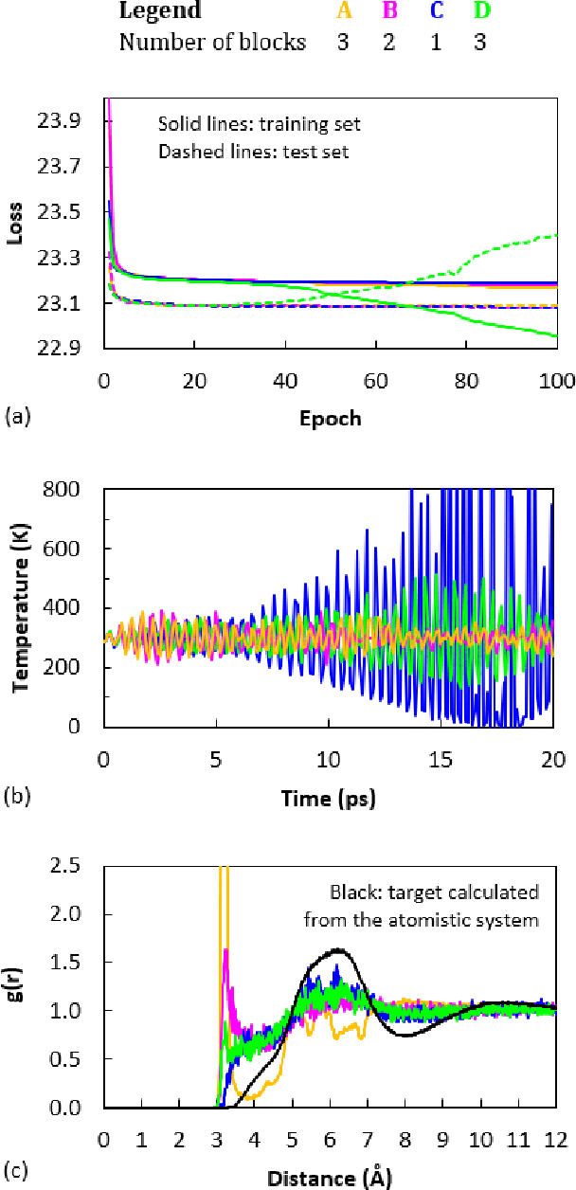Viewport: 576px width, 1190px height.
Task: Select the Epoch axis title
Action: pyautogui.click(x=329, y=418)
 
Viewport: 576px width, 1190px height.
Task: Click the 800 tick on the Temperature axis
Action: pyautogui.click(x=75, y=490)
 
